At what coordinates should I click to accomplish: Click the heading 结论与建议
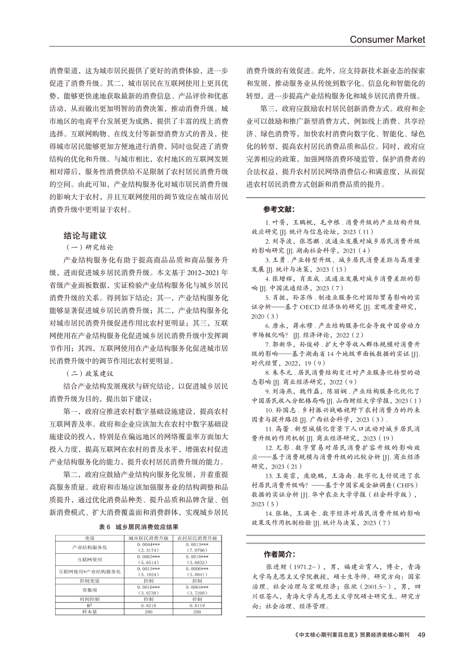click(86, 235)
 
